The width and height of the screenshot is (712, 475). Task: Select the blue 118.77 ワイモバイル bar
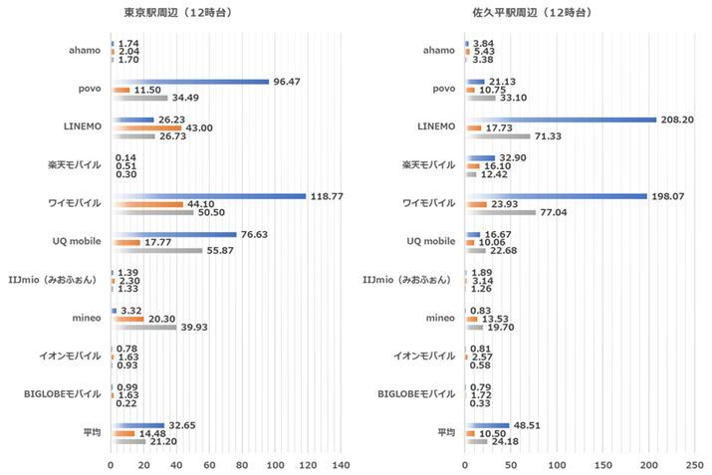[209, 196]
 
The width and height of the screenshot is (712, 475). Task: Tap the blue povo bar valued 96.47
[190, 82]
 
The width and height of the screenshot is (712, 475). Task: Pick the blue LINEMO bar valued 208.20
[561, 119]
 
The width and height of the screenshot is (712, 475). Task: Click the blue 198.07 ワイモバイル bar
[556, 196]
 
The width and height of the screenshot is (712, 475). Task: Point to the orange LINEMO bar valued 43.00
[146, 128]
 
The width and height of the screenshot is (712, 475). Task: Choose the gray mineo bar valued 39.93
[144, 328]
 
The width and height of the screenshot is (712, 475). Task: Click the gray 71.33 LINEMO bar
[499, 136]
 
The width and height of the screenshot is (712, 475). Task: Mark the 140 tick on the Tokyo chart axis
[341, 465]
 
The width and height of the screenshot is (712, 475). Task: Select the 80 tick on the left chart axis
[242, 465]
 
